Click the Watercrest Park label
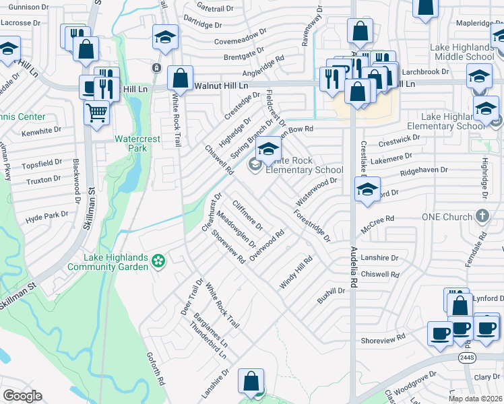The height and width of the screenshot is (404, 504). tap(130, 143)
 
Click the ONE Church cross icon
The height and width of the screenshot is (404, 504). tap(482, 216)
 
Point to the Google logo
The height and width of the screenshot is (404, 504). tap(22, 396)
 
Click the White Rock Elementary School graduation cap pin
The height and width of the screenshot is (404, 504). tap(268, 149)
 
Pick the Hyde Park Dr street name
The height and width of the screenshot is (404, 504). tap(47, 216)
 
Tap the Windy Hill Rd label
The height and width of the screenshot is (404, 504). tap(296, 273)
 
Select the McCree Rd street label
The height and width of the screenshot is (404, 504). tap(377, 222)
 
